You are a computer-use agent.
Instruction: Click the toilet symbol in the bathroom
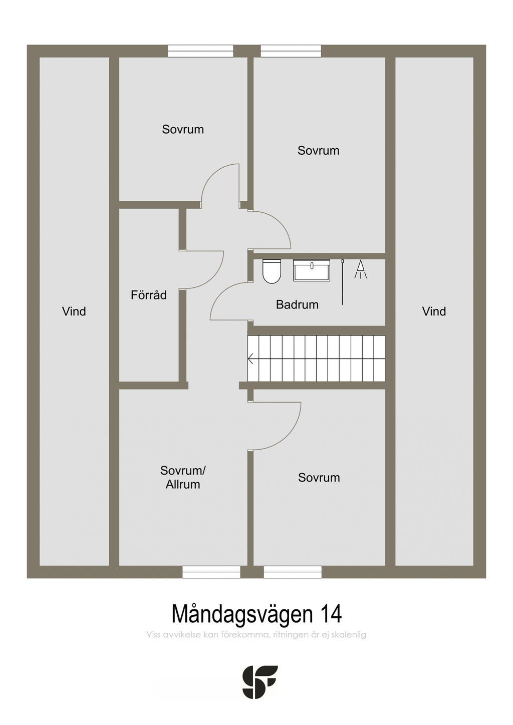272,272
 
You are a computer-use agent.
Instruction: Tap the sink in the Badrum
312,270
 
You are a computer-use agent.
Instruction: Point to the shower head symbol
361,269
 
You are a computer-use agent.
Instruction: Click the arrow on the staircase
251,358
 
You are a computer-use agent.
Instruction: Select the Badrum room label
297,304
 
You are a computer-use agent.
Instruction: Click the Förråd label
148,295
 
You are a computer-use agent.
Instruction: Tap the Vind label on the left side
74,311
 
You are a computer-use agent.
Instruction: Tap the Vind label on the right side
434,311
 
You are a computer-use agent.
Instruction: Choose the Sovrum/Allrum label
183,478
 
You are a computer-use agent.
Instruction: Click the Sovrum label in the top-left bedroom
183,129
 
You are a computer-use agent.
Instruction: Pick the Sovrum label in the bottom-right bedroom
319,478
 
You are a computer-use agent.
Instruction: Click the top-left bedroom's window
200,51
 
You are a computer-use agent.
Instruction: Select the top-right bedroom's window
291,51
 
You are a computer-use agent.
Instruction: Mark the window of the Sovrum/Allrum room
211,572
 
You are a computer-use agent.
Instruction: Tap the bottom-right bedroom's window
293,572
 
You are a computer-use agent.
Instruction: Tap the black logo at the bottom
260,682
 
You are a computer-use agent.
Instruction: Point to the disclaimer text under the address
256,635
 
